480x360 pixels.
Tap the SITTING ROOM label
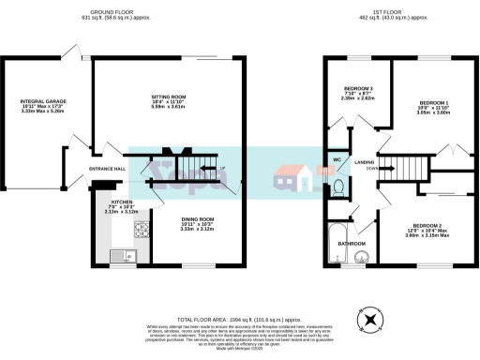pos(170,97)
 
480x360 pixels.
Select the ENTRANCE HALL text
pos(107,169)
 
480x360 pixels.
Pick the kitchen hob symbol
pos(140,226)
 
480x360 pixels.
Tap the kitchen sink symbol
pos(121,256)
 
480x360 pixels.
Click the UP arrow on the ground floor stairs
pos(221,168)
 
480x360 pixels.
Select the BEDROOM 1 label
pos(434,102)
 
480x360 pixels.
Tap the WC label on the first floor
pos(336,159)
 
